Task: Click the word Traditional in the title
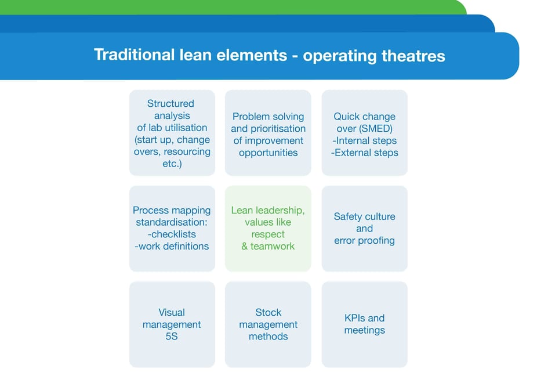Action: [x=134, y=55]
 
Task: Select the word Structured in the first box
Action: [x=170, y=103]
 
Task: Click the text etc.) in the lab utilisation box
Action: [x=172, y=164]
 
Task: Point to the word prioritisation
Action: [x=268, y=128]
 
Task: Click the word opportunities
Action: [x=268, y=153]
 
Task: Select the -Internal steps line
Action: [x=364, y=140]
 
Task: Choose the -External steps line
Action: [x=364, y=153]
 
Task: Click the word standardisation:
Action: [x=172, y=222]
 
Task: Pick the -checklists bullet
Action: [x=172, y=234]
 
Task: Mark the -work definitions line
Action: [x=172, y=246]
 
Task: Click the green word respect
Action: [x=268, y=234]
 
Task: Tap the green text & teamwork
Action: [x=268, y=246]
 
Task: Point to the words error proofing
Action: [x=364, y=241]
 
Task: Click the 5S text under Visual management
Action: [x=172, y=337]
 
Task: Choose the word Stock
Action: [x=268, y=312]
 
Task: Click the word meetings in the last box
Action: [x=364, y=330]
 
